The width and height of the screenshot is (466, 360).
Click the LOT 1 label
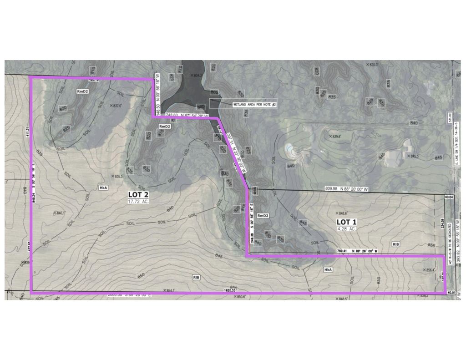(347, 222)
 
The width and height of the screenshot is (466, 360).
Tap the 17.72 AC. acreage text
(138, 201)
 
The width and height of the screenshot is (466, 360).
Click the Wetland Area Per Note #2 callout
(255, 105)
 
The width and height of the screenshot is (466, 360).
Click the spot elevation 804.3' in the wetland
(197, 76)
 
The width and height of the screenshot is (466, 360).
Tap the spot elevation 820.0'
(373, 65)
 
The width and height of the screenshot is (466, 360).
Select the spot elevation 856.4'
(431, 270)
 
